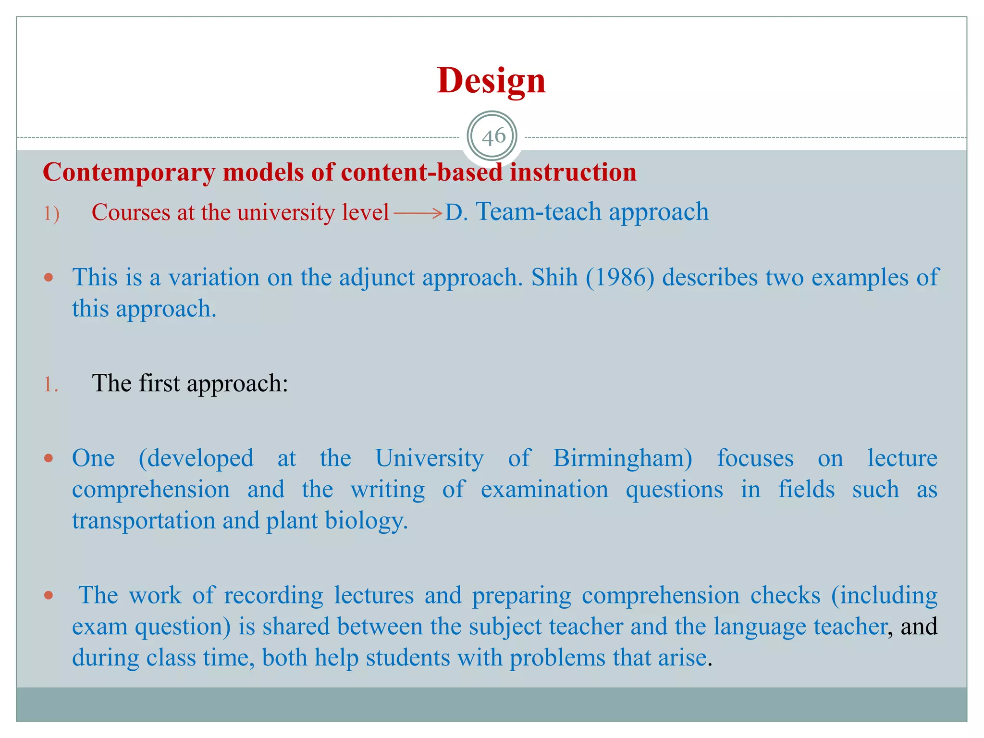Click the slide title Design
(x=491, y=80)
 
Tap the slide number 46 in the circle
(x=493, y=137)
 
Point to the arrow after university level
(x=418, y=213)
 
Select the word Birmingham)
(x=623, y=458)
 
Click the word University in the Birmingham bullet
(x=430, y=458)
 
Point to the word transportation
(x=144, y=521)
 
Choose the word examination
(x=544, y=490)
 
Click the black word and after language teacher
(x=919, y=627)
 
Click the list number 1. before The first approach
(x=51, y=384)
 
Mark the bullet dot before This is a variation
(x=48, y=277)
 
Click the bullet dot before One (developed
(x=48, y=458)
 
